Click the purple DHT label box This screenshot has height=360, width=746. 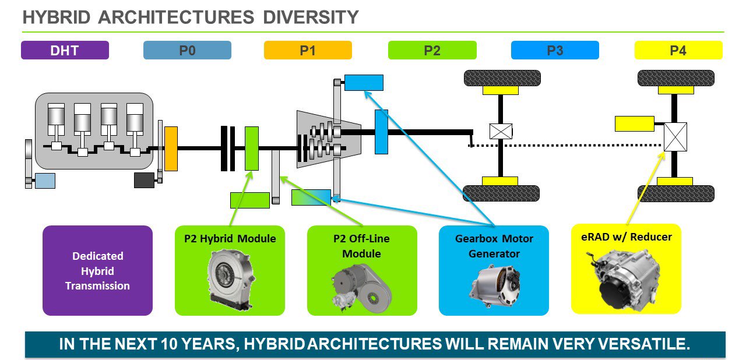tap(65, 50)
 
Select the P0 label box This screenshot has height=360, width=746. tap(187, 50)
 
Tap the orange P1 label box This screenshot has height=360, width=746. tap(308, 50)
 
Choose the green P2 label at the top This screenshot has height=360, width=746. tap(432, 50)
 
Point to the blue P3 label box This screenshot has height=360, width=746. tap(555, 50)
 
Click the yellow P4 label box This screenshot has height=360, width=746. tap(678, 50)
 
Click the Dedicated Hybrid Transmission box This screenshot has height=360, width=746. tap(97, 270)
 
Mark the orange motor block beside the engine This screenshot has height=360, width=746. tap(171, 149)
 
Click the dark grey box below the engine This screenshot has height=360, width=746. tap(144, 180)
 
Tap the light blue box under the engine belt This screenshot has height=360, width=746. tap(45, 181)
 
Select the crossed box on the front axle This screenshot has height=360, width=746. tap(501, 132)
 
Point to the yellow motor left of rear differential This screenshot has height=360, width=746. tap(635, 123)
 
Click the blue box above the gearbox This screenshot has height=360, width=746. tap(364, 83)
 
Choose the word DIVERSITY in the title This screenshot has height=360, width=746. tap(311, 17)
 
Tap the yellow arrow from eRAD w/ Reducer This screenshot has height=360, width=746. tap(645, 188)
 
